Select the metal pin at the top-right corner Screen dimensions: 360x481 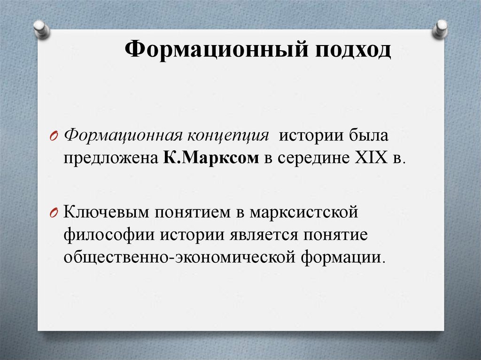click(x=441, y=29)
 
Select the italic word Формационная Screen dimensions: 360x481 click(x=124, y=136)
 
